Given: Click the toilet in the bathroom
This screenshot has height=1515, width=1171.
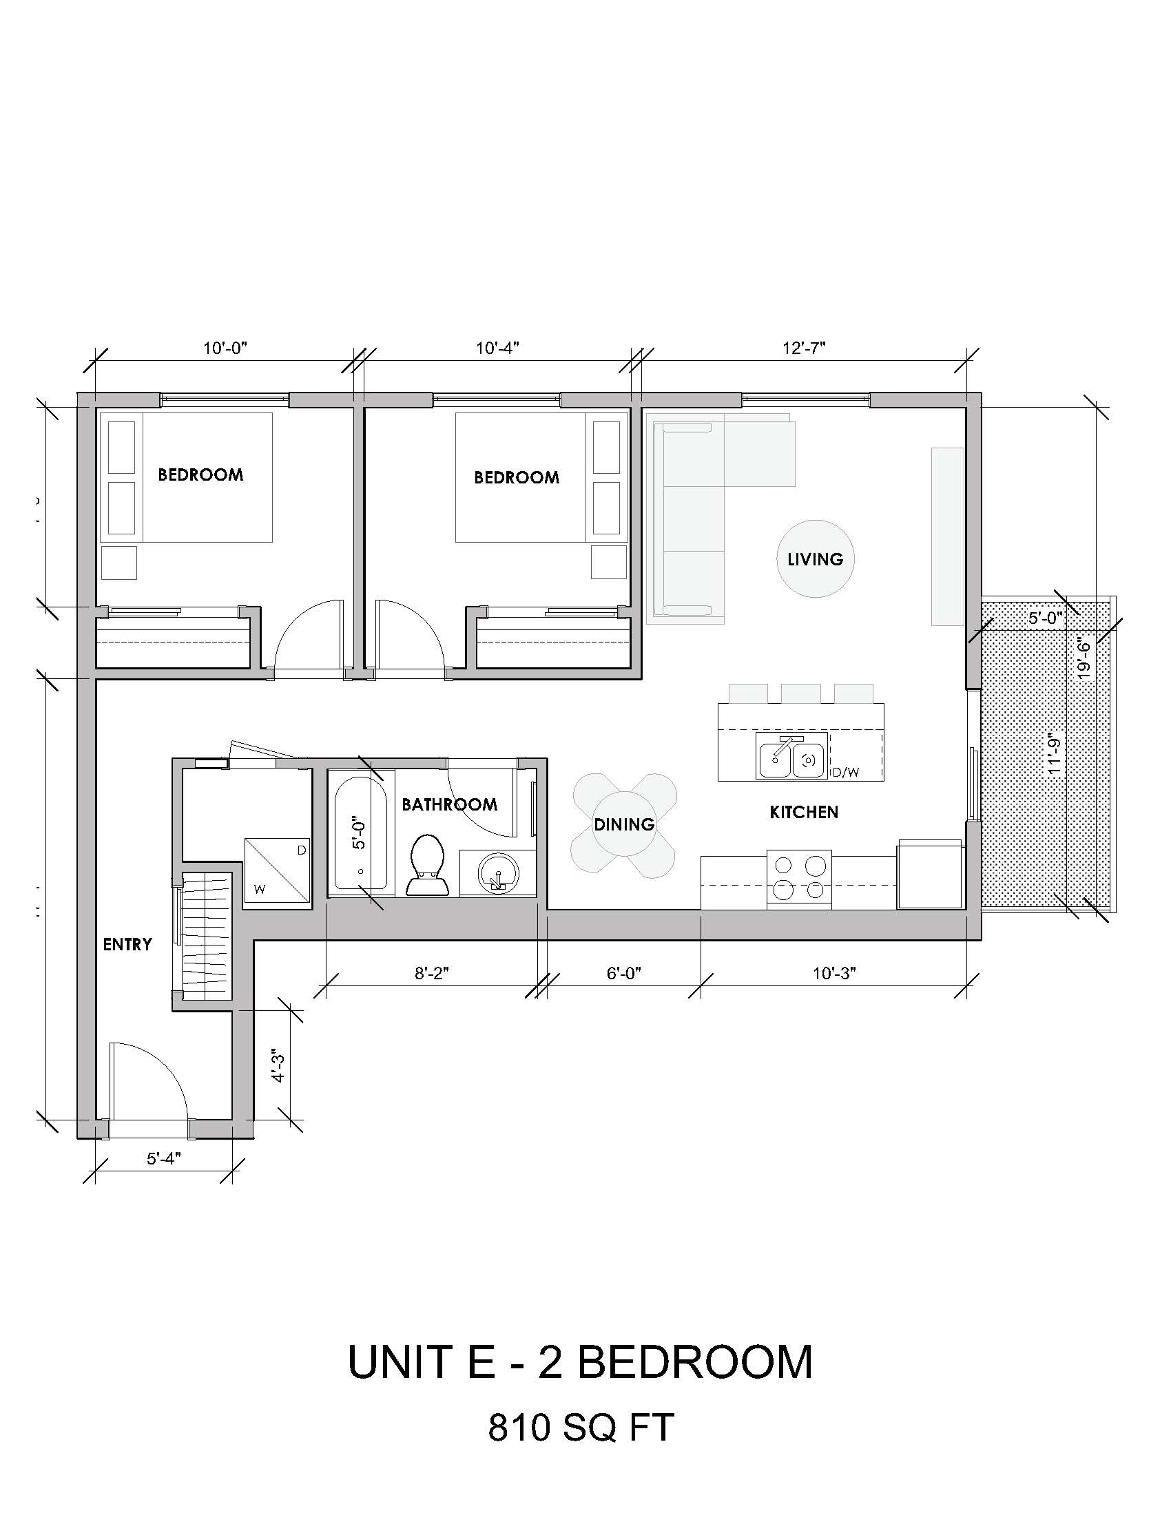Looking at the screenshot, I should coord(427,865).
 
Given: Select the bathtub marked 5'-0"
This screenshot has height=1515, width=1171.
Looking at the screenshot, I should coord(361,833).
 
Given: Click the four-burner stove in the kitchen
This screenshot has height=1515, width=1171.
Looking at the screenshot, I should coord(799,877).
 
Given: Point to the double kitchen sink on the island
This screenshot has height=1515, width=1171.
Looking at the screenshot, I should coord(791,757).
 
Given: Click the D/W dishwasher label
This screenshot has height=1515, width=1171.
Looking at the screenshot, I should coord(847,772).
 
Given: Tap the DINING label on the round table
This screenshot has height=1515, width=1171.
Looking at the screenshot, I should coord(624,824).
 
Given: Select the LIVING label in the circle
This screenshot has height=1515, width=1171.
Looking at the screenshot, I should coord(815,559).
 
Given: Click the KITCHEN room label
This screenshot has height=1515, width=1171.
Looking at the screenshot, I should coord(804,812).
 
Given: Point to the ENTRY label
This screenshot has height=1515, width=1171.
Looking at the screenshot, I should coord(127,944).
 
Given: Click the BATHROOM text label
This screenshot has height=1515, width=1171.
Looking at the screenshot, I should coord(450,804).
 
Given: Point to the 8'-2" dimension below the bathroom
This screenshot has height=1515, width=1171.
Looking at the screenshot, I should coord(432,974).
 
